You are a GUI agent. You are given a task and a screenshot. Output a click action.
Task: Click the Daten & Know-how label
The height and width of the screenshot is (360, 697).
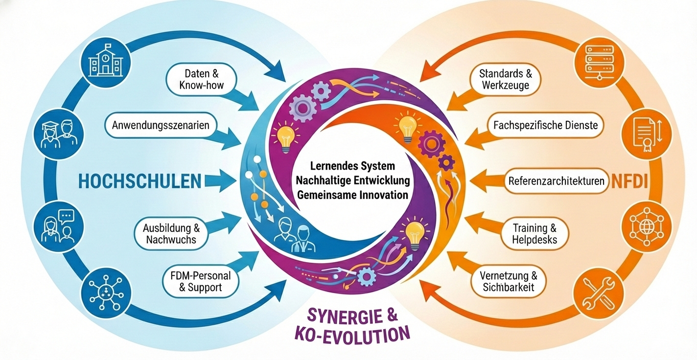tap(201, 79)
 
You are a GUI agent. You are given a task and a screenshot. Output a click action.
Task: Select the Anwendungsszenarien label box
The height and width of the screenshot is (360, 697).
tap(161, 125)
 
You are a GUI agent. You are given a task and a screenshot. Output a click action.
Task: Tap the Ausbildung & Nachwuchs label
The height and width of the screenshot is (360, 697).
tap(170, 234)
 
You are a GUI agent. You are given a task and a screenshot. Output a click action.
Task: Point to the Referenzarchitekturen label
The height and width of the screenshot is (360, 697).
tap(557, 181)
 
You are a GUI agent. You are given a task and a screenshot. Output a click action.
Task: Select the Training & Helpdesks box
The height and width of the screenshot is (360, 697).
tap(534, 234)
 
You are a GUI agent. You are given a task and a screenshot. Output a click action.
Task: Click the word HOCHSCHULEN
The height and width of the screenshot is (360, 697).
tap(139, 181)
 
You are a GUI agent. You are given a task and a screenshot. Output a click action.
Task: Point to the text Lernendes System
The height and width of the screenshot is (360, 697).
tap(352, 166)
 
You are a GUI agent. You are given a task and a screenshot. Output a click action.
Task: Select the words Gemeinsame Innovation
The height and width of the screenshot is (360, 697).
tap(352, 195)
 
